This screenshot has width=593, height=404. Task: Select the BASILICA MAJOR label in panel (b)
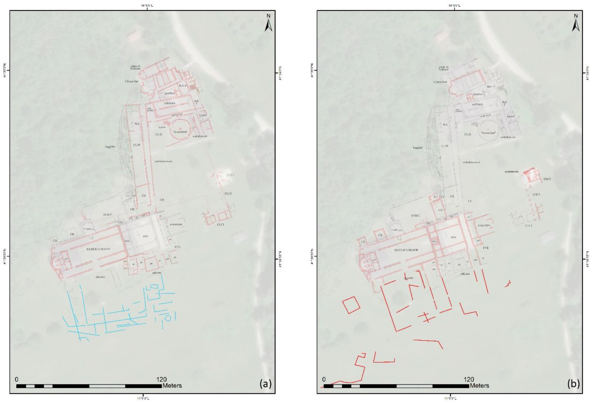406,250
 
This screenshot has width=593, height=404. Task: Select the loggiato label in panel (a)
110,147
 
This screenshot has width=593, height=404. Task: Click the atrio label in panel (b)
453,237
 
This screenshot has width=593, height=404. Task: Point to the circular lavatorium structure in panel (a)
180,130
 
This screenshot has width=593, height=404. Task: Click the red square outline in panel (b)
351,305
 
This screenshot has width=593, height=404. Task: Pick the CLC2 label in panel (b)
547,179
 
